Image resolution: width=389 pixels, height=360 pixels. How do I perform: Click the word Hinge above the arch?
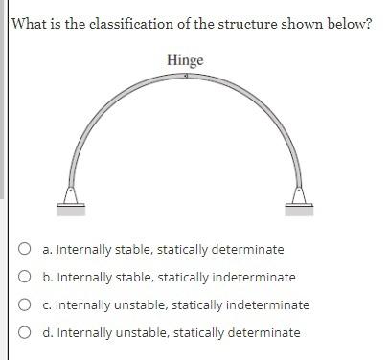[x=185, y=60]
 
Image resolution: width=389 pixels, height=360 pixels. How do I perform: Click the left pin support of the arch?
[x=72, y=194]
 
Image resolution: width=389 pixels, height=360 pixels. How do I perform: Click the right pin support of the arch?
[x=299, y=194]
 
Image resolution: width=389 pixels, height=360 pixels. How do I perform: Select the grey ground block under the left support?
[x=72, y=208]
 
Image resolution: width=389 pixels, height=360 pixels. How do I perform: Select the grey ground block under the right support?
[x=299, y=208]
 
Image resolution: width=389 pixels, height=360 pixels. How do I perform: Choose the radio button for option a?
[x=25, y=250]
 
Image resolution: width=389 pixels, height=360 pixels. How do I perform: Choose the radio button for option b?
[x=25, y=278]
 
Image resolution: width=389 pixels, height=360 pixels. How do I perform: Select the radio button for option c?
[x=25, y=305]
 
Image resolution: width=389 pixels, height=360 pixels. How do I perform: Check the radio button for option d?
[x=25, y=333]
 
